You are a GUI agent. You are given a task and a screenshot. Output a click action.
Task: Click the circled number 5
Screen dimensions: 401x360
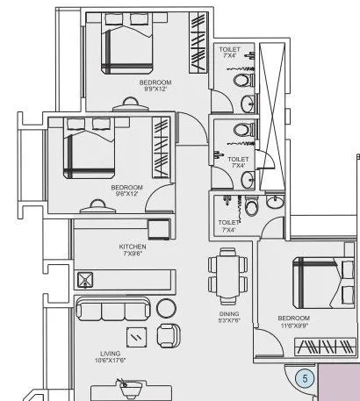pos(305,379)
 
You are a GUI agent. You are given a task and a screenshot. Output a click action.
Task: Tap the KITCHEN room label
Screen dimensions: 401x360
pos(133,247)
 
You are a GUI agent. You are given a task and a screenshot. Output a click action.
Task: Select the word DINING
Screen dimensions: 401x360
pos(230,313)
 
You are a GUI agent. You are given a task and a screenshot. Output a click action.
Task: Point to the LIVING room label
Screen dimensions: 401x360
pos(110,352)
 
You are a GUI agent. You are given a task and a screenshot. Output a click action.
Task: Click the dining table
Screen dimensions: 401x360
pos(228,273)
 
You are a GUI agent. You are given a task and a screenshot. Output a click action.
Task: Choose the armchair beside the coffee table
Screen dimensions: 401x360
pos(168,334)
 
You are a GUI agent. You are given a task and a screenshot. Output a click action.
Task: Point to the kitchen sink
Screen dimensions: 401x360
pos(86,280)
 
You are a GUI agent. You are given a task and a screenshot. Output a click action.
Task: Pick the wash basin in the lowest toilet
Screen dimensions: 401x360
pos(273,202)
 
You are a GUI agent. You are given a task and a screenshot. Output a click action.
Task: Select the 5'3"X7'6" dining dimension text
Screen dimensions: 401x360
pos(230,321)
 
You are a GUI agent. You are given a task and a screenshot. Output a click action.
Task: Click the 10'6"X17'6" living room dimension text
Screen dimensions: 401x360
pos(110,360)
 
